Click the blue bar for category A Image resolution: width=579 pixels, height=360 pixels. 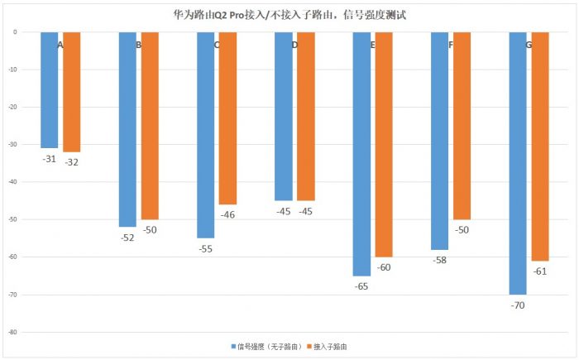pos(49,89)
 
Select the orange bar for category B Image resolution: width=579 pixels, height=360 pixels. pos(150,124)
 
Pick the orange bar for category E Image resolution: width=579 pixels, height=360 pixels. pos(384,144)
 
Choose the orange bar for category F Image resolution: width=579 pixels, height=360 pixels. pos(462,124)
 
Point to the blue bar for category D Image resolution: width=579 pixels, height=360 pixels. pos(284,116)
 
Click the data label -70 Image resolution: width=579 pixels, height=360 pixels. pos(518,305)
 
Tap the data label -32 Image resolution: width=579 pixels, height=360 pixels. pos(72,162)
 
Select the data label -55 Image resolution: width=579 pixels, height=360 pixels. pos(206,249)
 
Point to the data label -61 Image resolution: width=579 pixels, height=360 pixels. pos(540,271)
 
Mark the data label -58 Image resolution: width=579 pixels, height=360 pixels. pos(439,260)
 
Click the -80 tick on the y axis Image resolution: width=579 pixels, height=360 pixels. pos(13,333)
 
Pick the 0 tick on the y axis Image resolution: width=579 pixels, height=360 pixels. pos(15,32)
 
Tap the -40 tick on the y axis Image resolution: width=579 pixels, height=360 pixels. pos(13,182)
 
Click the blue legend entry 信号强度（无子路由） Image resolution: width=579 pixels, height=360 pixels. pos(264,346)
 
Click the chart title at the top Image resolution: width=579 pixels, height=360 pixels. pos(289,14)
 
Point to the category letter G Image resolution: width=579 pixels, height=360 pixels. pos(529,44)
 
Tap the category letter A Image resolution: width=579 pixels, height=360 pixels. pos(60,44)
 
